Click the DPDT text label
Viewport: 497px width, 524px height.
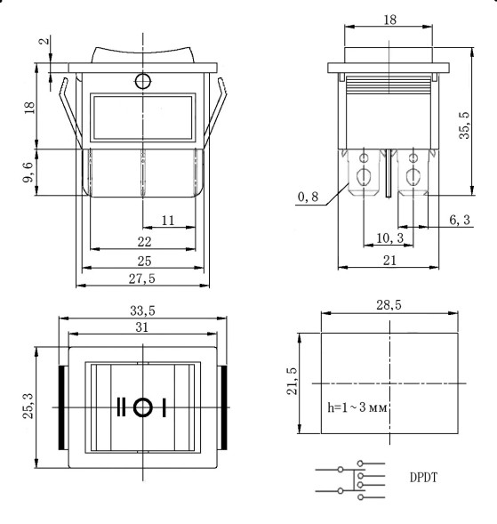coord(423,478)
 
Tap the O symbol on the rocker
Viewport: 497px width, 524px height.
coord(141,407)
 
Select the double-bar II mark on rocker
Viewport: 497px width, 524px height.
coord(121,407)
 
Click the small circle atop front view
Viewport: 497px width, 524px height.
coord(141,82)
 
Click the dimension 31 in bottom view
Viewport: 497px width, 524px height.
coord(141,328)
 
